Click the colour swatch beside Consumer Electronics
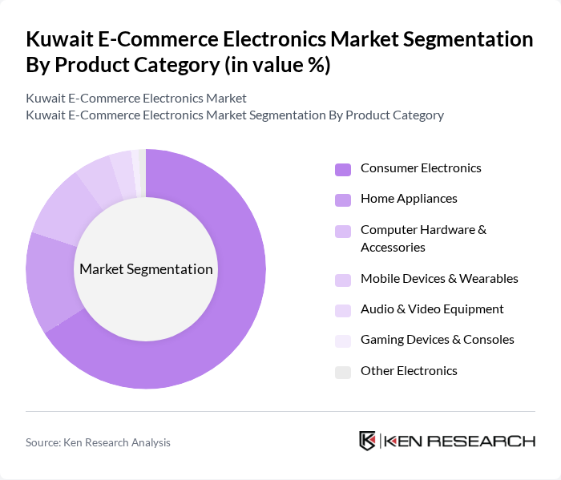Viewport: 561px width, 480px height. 343,169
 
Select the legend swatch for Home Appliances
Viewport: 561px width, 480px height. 343,200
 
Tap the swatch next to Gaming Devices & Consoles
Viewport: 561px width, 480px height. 343,341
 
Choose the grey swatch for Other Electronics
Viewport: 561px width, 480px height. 343,372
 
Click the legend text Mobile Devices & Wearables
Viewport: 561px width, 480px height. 439,279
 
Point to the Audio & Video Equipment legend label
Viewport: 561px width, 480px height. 432,309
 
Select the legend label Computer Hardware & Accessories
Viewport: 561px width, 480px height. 423,239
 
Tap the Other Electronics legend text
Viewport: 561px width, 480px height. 409,371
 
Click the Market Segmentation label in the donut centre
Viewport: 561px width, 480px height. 146,269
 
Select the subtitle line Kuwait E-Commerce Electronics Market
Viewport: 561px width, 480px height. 136,99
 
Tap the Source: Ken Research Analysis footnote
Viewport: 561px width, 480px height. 98,442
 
